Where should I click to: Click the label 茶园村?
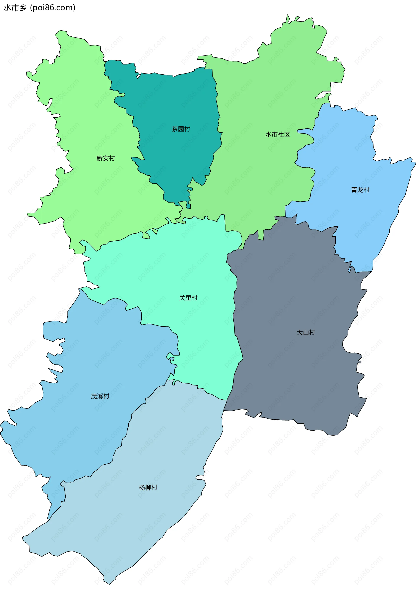(181, 129)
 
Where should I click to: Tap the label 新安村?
(106, 158)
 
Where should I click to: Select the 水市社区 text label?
(277, 135)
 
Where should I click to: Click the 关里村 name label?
(188, 298)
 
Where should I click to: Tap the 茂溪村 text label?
(100, 396)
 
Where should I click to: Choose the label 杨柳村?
(148, 488)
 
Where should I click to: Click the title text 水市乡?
(15, 8)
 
